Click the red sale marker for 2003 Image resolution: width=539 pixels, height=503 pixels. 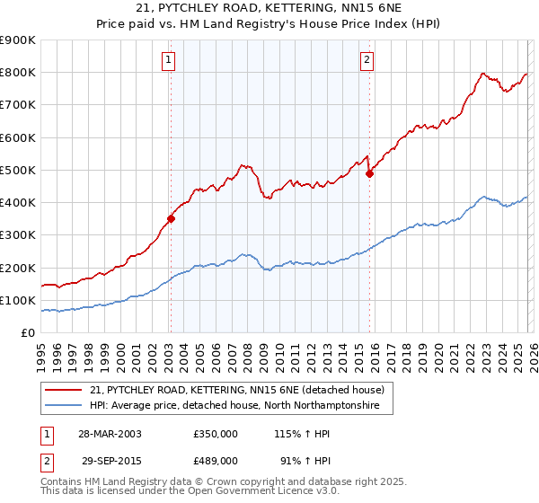coord(171,218)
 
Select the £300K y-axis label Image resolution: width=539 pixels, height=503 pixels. coord(18,235)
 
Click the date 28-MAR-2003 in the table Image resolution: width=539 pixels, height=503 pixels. coord(110,434)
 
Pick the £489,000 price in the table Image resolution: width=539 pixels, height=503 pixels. coord(216,459)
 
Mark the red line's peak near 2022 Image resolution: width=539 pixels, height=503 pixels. coord(483,73)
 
